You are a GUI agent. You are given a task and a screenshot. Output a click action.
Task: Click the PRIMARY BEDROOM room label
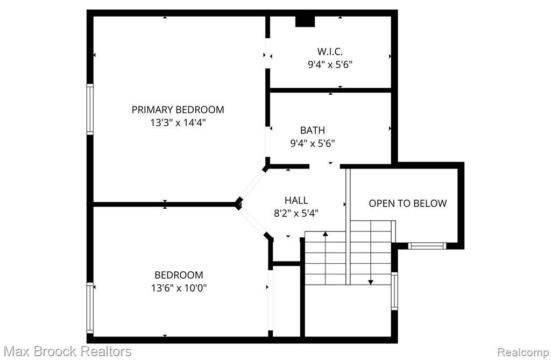point(178,110)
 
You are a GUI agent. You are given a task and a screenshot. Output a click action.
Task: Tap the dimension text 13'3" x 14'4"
point(178,123)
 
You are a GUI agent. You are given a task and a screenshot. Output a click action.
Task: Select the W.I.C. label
point(330,52)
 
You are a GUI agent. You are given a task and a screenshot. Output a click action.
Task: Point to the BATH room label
point(313,130)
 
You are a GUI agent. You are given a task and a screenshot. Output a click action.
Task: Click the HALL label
point(296,200)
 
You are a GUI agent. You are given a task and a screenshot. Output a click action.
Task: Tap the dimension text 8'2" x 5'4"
point(296,214)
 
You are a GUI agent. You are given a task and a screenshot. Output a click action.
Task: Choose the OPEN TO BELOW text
point(408,203)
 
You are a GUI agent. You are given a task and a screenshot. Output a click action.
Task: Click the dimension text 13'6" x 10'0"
point(179,288)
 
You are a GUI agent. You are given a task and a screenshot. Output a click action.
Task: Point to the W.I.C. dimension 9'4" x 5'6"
point(330,65)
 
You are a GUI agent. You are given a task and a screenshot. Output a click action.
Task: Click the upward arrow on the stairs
point(326,258)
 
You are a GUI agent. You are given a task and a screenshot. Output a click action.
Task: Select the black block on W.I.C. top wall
point(305,21)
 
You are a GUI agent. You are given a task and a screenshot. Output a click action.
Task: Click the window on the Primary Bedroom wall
point(90,109)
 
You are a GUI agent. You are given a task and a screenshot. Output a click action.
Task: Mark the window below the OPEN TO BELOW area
point(427,246)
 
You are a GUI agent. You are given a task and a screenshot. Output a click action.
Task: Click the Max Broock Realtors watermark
point(68,351)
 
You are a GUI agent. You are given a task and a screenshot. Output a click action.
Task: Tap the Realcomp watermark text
point(524,352)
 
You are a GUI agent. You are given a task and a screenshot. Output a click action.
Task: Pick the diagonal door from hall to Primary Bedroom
point(253,186)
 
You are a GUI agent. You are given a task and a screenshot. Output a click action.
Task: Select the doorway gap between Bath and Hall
point(324,166)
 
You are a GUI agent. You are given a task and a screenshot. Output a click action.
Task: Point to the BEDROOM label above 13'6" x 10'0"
point(179,275)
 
